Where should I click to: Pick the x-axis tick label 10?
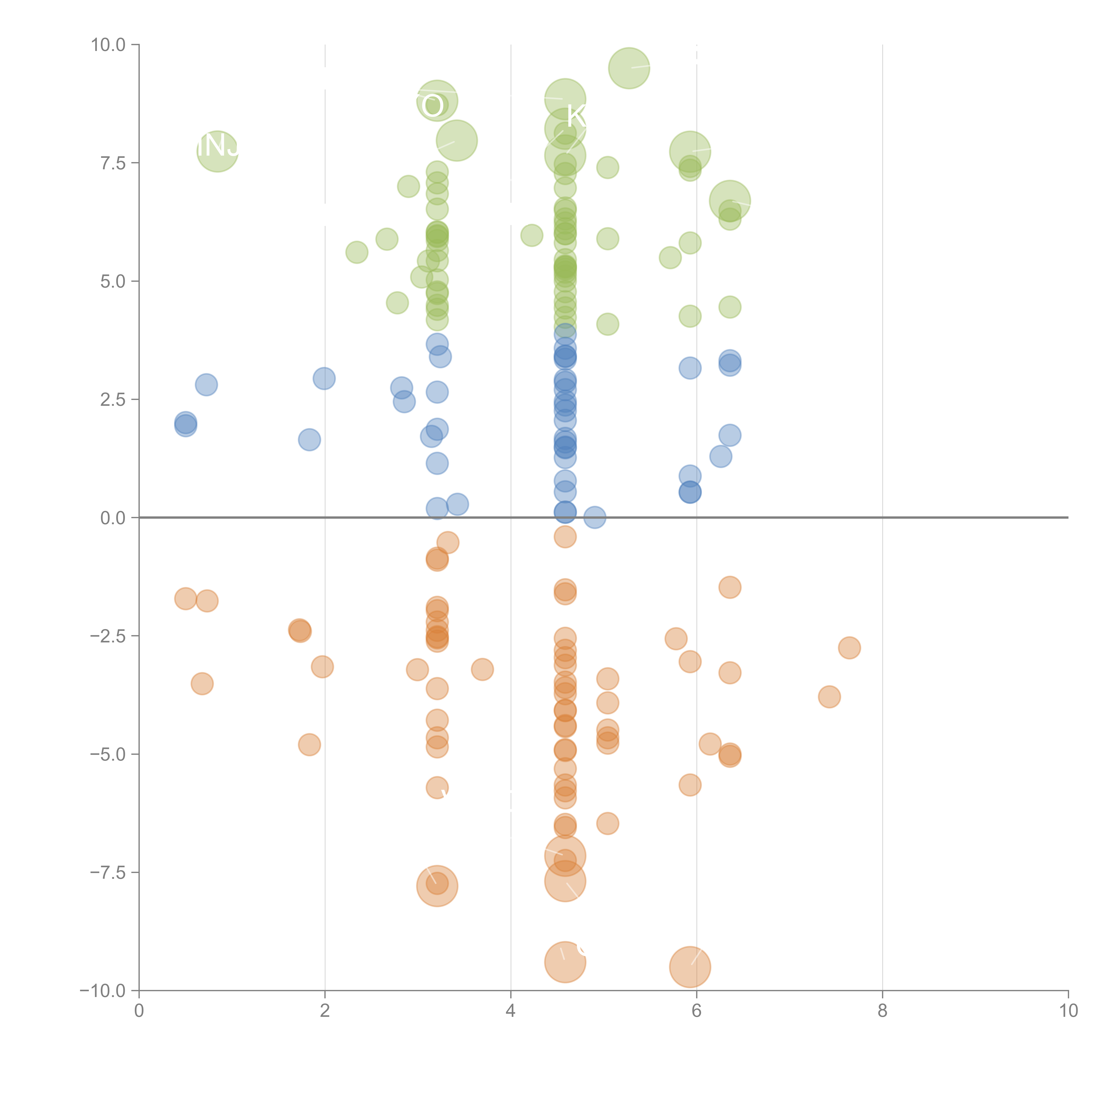[x=1068, y=1011]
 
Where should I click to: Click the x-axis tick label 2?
[x=325, y=1011]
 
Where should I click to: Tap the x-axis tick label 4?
[x=510, y=1011]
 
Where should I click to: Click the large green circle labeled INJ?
[x=217, y=151]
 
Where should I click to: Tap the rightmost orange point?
[x=849, y=648]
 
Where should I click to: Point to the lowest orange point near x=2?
[x=309, y=745]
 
